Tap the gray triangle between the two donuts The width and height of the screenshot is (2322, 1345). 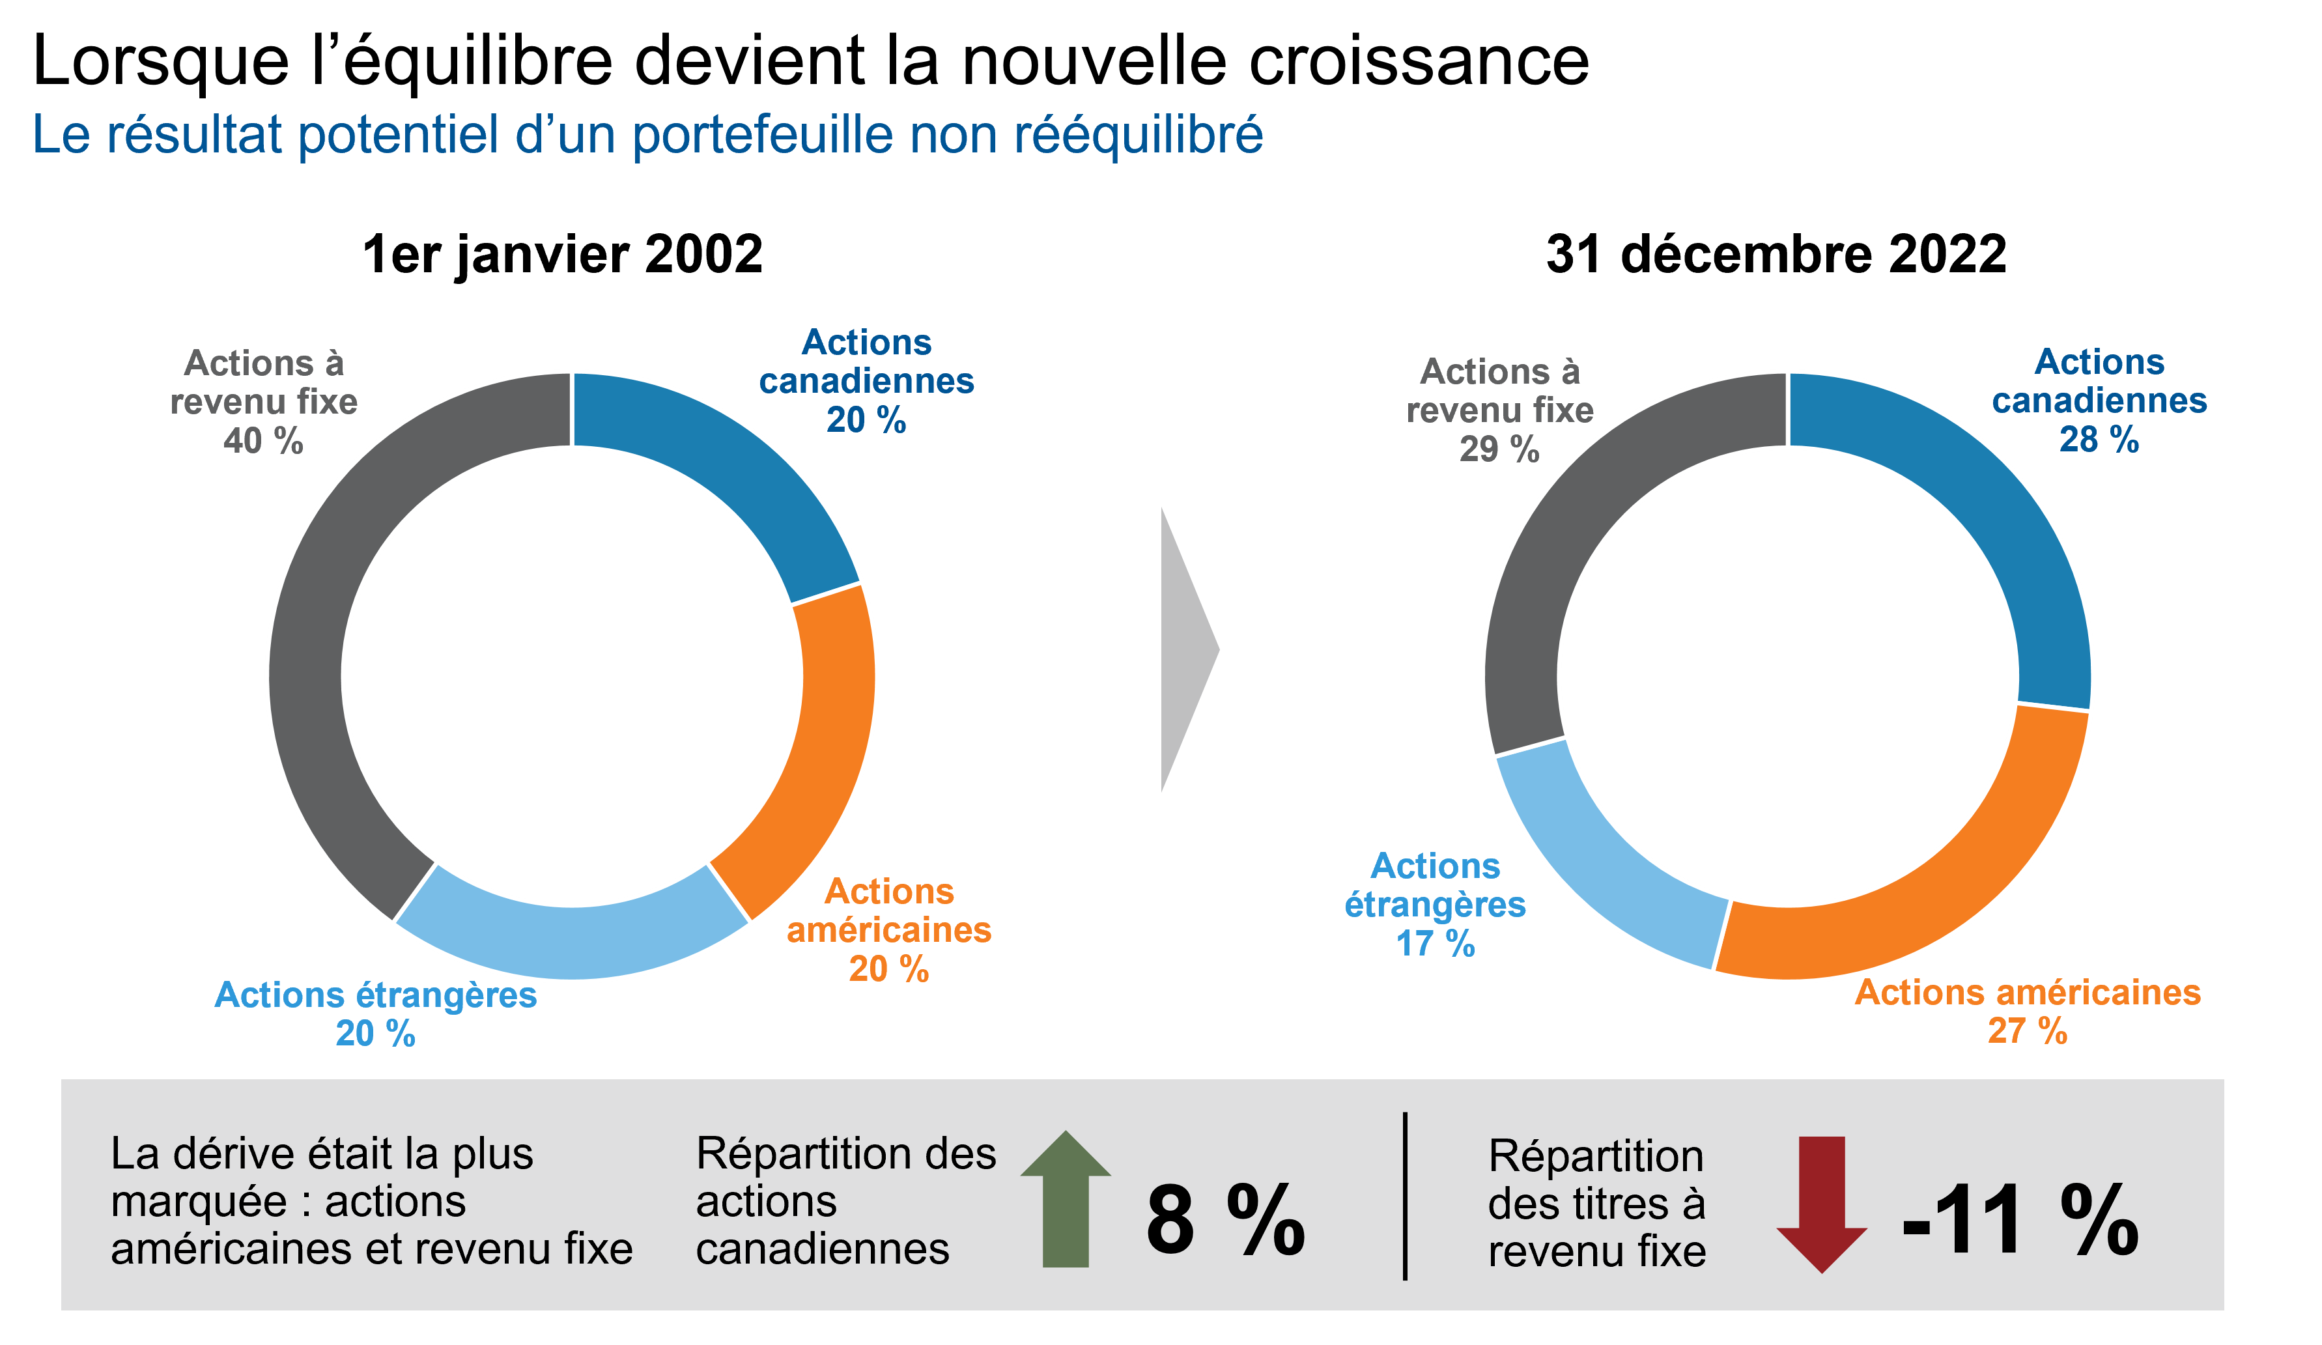coord(1184,649)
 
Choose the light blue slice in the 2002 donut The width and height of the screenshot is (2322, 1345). coord(571,940)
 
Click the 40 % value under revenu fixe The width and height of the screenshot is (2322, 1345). coord(264,441)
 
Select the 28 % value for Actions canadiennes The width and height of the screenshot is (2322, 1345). coord(2099,440)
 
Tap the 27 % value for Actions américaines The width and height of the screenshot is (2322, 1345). coord(2027,1030)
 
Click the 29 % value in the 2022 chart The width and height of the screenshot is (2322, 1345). coord(1499,449)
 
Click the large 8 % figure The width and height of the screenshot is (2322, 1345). coord(1226,1220)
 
